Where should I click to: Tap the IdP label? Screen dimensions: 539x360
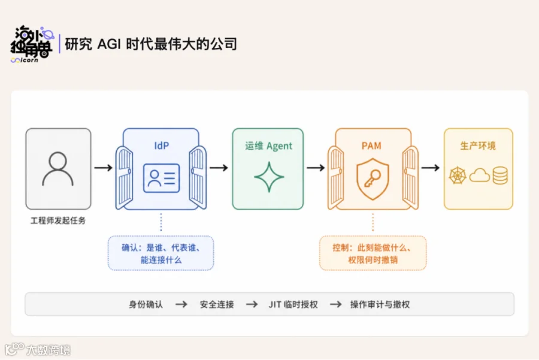tap(161, 146)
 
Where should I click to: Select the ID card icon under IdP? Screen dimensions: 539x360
tap(161, 178)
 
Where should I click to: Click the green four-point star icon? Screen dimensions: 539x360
tap(269, 177)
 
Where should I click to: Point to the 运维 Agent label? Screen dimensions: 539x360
tap(268, 146)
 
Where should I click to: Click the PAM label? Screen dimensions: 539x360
tap(371, 146)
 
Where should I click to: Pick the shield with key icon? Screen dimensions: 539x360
tap(373, 179)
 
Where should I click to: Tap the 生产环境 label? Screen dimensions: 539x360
tap(478, 146)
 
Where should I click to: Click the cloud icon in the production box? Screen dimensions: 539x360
tap(480, 176)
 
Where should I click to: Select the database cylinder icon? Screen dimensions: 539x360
tap(500, 176)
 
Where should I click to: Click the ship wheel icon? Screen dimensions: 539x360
tap(458, 176)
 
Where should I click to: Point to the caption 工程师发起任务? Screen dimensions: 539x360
tap(57, 220)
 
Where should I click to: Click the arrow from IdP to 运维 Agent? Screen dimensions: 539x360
tap(219, 168)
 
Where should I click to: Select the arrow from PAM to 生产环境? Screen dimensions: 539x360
tap(431, 168)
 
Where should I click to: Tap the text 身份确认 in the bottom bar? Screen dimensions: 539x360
tap(146, 304)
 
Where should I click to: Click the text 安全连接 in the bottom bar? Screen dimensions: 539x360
tap(217, 304)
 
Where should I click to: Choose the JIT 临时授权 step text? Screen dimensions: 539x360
tap(293, 304)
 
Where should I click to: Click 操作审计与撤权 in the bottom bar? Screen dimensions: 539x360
tap(380, 304)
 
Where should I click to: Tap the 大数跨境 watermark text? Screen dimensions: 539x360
tap(49, 350)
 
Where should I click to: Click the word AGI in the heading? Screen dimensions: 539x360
tap(109, 44)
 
